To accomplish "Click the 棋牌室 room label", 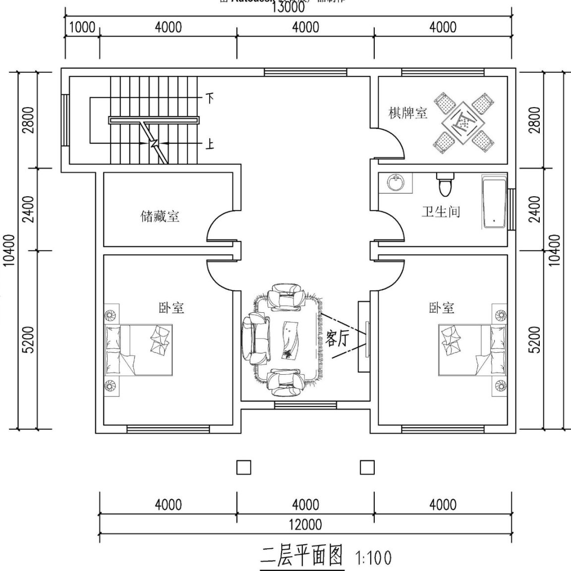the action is click(x=407, y=113).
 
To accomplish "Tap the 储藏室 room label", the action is click(x=159, y=217).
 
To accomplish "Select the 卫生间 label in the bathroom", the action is click(x=441, y=212).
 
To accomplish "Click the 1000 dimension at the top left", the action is click(x=82, y=27).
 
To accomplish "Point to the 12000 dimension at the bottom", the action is click(x=305, y=524).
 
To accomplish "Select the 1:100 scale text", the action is click(x=373, y=558).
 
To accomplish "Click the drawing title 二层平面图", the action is click(x=302, y=557).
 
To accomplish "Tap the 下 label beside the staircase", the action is click(x=210, y=99).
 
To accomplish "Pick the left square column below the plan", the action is click(x=243, y=467).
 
